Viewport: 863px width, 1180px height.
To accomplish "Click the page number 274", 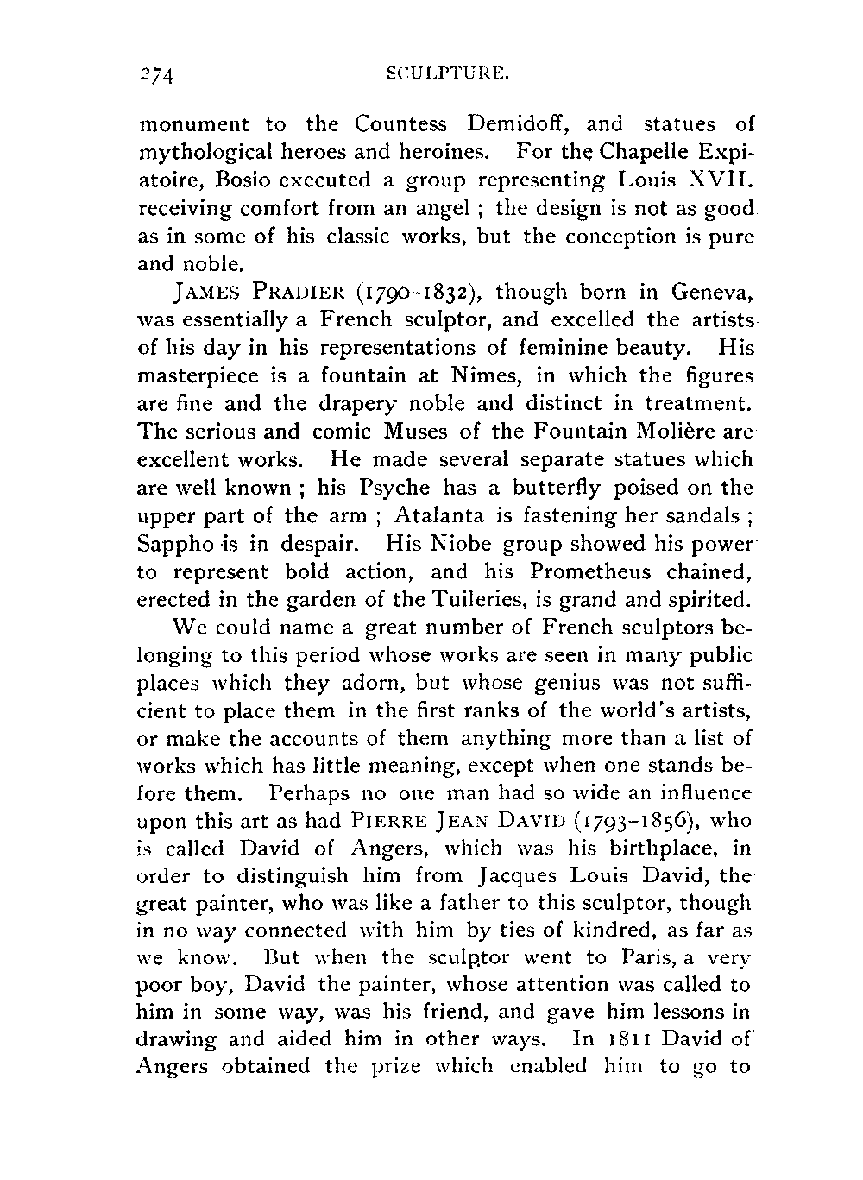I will pos(157,75).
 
